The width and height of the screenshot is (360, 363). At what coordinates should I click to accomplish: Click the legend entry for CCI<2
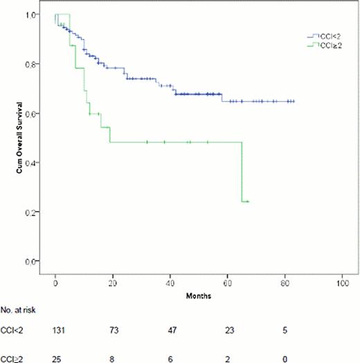click(x=325, y=35)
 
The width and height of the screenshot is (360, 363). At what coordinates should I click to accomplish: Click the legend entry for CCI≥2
click(x=325, y=45)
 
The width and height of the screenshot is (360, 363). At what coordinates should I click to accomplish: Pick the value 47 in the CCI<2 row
click(x=170, y=331)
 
